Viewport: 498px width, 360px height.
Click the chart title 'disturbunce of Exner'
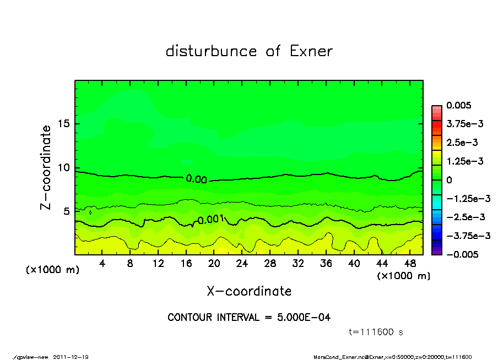click(249, 51)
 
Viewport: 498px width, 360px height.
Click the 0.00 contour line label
click(197, 179)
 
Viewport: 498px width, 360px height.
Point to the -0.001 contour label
click(210, 220)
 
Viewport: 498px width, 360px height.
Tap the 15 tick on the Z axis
click(63, 124)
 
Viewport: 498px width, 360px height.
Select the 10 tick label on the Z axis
click(63, 167)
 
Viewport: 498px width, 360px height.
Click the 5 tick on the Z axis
click(66, 211)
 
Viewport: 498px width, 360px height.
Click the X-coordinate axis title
click(249, 291)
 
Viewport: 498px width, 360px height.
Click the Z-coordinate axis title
click(46, 167)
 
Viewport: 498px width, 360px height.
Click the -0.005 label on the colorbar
click(462, 254)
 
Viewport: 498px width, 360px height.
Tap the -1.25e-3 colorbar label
click(465, 198)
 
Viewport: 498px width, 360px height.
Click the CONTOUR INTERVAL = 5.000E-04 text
click(249, 318)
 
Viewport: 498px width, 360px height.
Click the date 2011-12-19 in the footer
click(71, 357)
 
